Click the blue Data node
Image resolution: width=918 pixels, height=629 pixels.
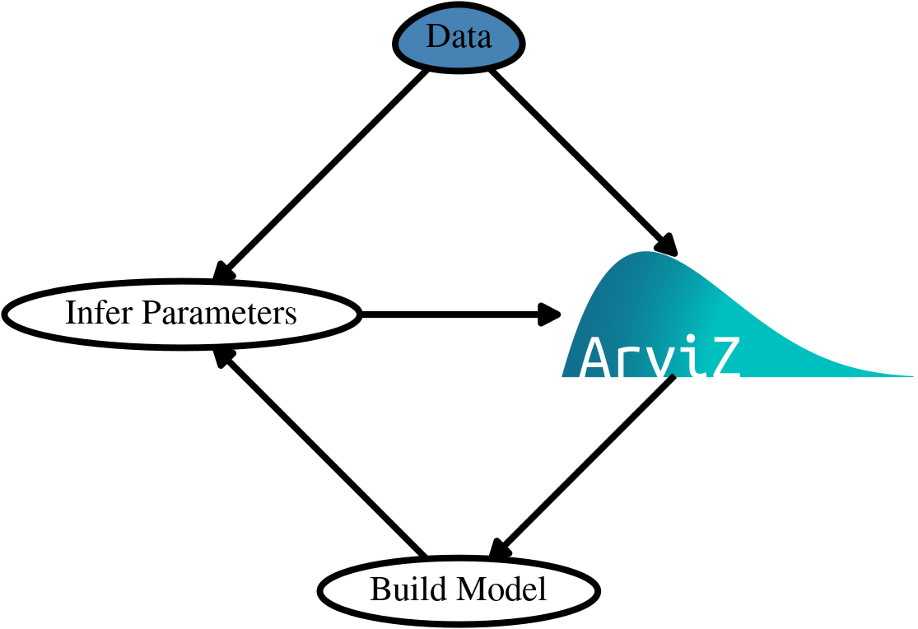coord(459,38)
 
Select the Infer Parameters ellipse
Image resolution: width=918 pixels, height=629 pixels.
coord(181,314)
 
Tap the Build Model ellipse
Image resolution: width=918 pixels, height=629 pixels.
coord(459,589)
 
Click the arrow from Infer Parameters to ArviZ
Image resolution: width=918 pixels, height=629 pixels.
coord(453,314)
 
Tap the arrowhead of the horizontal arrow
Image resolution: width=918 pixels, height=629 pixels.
coord(550,314)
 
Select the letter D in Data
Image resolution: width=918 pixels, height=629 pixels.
coord(435,38)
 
